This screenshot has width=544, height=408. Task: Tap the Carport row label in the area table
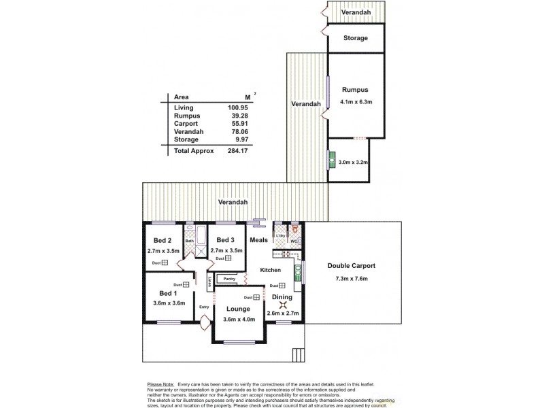186,123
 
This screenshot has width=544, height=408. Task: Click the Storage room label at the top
355,38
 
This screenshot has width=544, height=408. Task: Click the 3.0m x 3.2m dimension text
352,162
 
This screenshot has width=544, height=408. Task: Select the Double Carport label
352,265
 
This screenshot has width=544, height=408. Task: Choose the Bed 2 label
161,241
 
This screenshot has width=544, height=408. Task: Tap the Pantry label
230,279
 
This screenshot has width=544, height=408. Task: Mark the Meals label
258,239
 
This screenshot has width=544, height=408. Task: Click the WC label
295,241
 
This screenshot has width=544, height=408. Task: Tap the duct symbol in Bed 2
165,262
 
